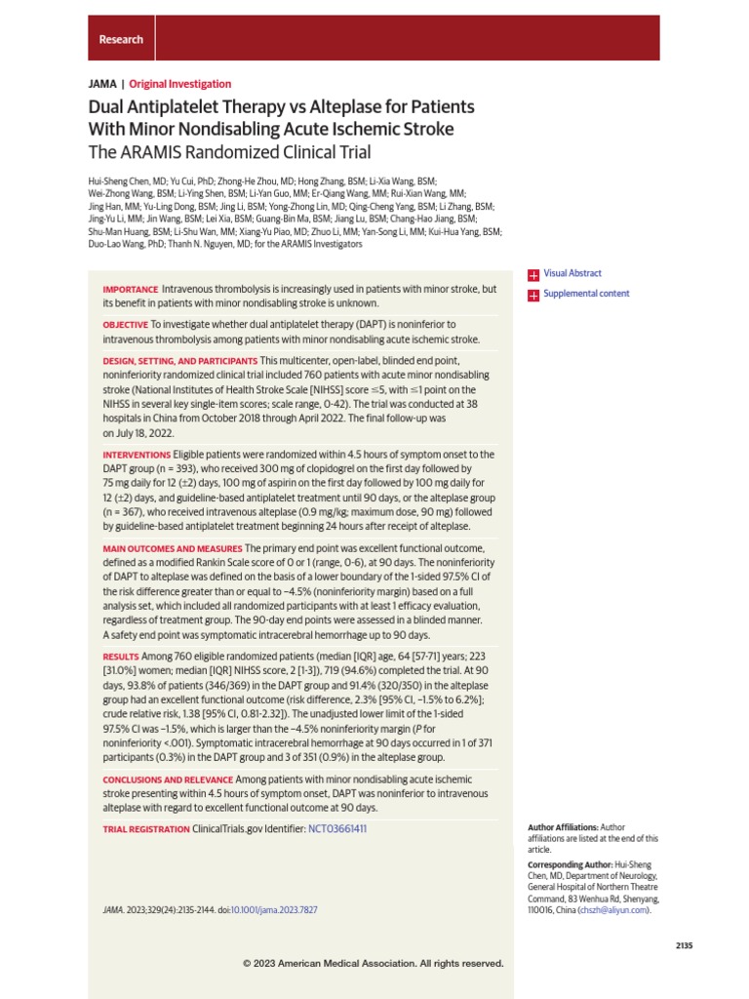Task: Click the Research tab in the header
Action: coord(121,39)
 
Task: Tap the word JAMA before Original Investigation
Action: coord(101,84)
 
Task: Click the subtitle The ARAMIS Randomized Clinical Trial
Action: coord(229,151)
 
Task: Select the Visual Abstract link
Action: coord(572,274)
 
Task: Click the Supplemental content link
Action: coord(585,294)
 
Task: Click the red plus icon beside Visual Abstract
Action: coord(532,275)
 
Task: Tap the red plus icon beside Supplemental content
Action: coord(532,295)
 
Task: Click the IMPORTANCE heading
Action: coord(130,290)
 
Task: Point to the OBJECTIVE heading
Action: coord(125,324)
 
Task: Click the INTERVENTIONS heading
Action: coord(137,455)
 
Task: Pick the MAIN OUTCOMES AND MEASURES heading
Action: coord(173,549)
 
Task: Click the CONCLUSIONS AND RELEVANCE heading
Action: coord(167,779)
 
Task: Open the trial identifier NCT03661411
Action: coord(337,828)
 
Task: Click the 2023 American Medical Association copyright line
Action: coord(374,963)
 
